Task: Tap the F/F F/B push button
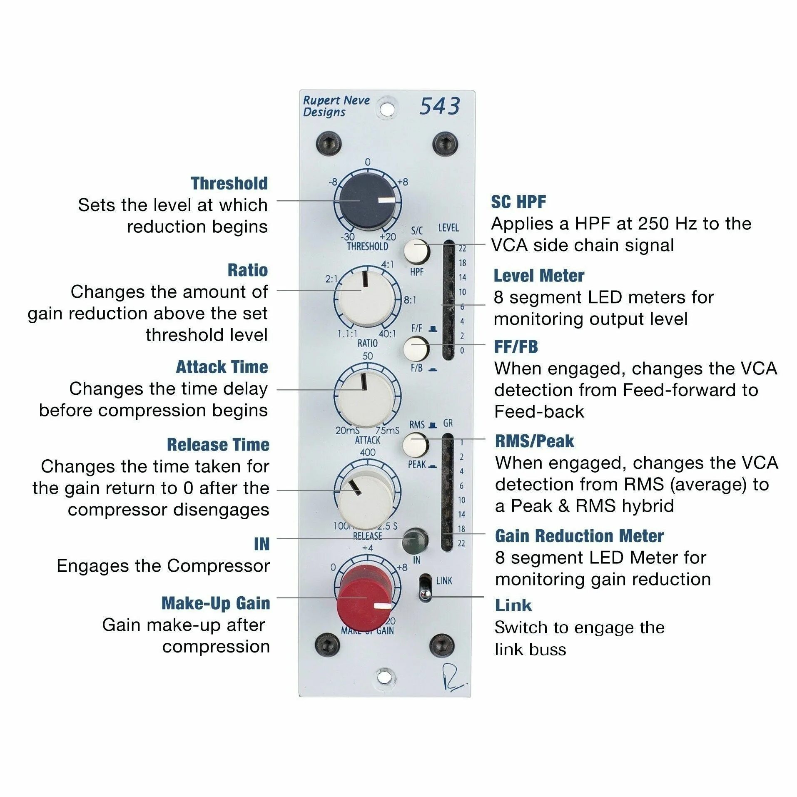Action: tap(416, 348)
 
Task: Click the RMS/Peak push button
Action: tap(415, 444)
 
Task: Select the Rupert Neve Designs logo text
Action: tap(335, 106)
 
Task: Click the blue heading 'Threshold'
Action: tap(229, 183)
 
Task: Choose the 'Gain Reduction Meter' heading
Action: tap(579, 536)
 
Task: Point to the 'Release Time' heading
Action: tap(218, 444)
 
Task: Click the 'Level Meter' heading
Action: tap(539, 276)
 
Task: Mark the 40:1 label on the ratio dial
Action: tap(387, 334)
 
